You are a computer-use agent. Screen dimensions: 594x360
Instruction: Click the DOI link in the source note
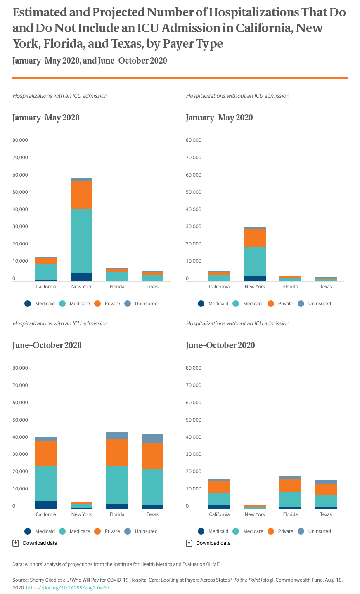68,587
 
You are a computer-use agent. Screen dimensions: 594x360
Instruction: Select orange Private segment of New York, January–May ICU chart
81,195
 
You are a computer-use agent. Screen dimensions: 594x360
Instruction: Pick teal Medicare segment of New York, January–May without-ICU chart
255,261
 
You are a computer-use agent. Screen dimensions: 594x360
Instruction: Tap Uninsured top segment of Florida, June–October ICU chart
117,436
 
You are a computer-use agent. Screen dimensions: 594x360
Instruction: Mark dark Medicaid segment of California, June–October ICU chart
46,505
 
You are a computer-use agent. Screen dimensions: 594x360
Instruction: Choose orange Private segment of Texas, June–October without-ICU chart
326,490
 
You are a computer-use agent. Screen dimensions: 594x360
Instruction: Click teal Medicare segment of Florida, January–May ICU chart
117,276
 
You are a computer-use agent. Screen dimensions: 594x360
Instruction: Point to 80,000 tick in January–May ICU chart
20,140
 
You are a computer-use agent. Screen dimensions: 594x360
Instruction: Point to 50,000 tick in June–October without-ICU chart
194,420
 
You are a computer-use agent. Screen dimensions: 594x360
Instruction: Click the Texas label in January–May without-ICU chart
326,287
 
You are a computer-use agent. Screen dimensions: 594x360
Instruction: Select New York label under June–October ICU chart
81,514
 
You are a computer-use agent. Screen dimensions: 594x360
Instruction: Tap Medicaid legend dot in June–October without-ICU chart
201,531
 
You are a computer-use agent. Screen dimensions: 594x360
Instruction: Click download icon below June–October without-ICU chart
189,543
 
